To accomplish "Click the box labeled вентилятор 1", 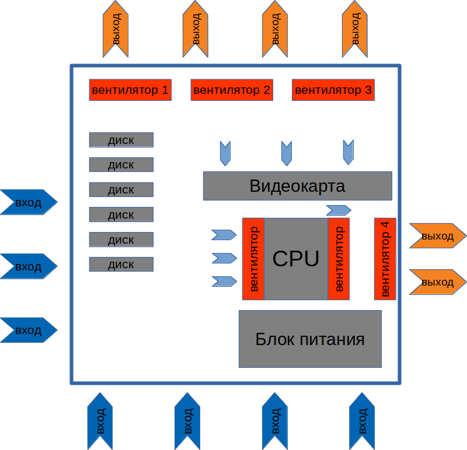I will (x=130, y=90).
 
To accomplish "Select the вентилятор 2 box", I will (x=232, y=90).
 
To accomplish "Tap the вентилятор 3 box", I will (x=333, y=90).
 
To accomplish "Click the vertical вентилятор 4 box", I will (x=385, y=259).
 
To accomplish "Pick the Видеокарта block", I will (x=297, y=186).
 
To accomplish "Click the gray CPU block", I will (x=296, y=259).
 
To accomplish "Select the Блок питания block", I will (x=310, y=339).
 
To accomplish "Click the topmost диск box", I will (x=121, y=140).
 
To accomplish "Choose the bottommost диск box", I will (x=121, y=265).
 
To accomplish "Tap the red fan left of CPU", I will (x=253, y=259).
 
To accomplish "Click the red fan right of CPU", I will (x=339, y=259).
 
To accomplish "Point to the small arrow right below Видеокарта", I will (x=339, y=210).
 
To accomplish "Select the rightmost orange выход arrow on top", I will (x=354, y=29).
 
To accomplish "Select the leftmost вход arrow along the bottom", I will (x=100, y=420).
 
